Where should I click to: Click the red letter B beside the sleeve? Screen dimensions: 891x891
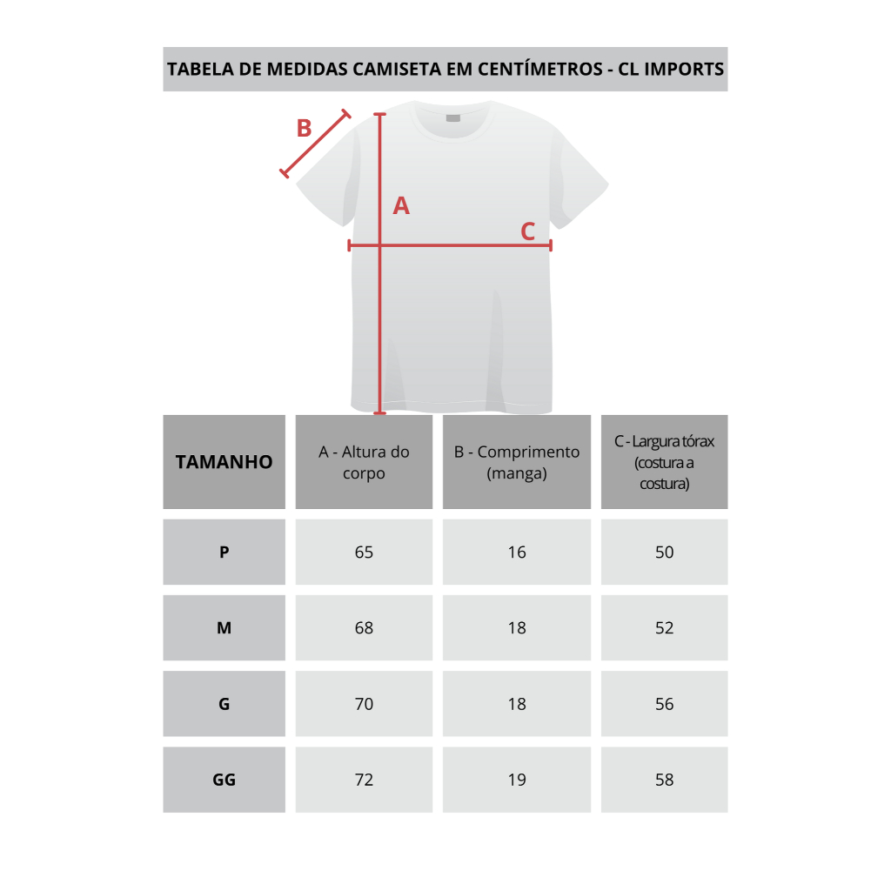(x=304, y=129)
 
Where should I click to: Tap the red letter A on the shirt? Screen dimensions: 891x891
(x=401, y=205)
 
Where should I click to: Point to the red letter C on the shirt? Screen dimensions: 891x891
(x=528, y=231)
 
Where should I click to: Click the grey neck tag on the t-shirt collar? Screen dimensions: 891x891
(x=452, y=118)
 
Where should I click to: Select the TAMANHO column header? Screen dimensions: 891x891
(x=224, y=462)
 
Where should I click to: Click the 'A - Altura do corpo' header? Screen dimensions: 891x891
(x=364, y=463)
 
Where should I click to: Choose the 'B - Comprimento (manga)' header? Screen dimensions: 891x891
(x=517, y=463)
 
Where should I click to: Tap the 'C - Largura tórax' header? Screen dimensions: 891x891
(x=664, y=462)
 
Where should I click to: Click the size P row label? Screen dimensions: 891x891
(x=224, y=553)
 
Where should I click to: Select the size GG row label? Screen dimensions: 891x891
(x=224, y=780)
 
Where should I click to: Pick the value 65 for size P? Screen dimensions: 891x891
(x=364, y=553)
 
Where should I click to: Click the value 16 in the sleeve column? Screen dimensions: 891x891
(x=517, y=553)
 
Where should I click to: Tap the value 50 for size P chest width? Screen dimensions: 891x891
(x=664, y=553)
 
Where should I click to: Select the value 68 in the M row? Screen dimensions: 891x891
(x=364, y=628)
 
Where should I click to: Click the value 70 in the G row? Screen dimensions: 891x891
(x=364, y=704)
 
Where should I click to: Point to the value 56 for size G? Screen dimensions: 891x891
(x=664, y=704)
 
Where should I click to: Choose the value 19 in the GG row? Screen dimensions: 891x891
(x=517, y=780)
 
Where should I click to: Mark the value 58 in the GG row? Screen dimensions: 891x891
(x=664, y=780)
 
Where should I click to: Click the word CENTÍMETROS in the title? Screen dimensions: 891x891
(x=539, y=68)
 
